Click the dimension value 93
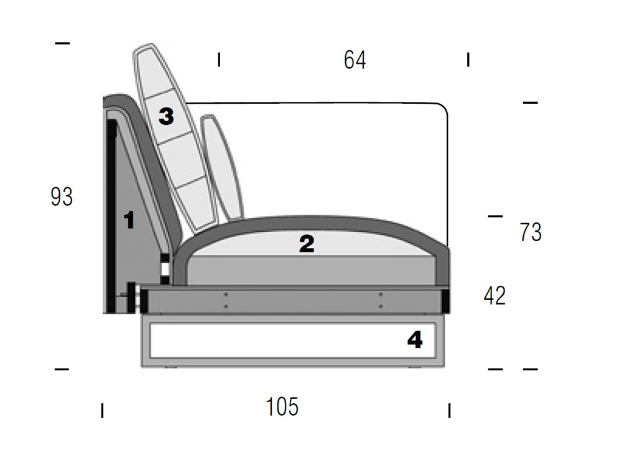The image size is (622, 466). pos(62,197)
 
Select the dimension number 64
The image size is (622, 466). pos(355,60)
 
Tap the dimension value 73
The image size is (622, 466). pos(531,232)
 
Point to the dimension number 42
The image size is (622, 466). pos(494,296)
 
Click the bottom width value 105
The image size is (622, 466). pos(282,407)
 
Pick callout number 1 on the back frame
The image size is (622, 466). pos(129,220)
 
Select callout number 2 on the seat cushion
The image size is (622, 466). pos(307,244)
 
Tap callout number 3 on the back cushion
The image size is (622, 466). pos(166,116)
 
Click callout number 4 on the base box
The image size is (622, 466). pos(415,340)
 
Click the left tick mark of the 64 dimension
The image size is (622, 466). pos(219,60)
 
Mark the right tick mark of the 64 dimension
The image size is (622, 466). pos(468,60)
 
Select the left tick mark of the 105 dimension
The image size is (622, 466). pos(102,411)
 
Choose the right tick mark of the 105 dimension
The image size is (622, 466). pos(449,411)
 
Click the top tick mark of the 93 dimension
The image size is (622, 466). pos(62,43)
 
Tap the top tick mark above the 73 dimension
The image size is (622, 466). pos(530,102)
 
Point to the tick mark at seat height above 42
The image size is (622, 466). pos(495,216)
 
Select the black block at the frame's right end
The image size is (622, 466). pos(445,301)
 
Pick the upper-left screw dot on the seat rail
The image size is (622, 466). pos(226,294)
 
